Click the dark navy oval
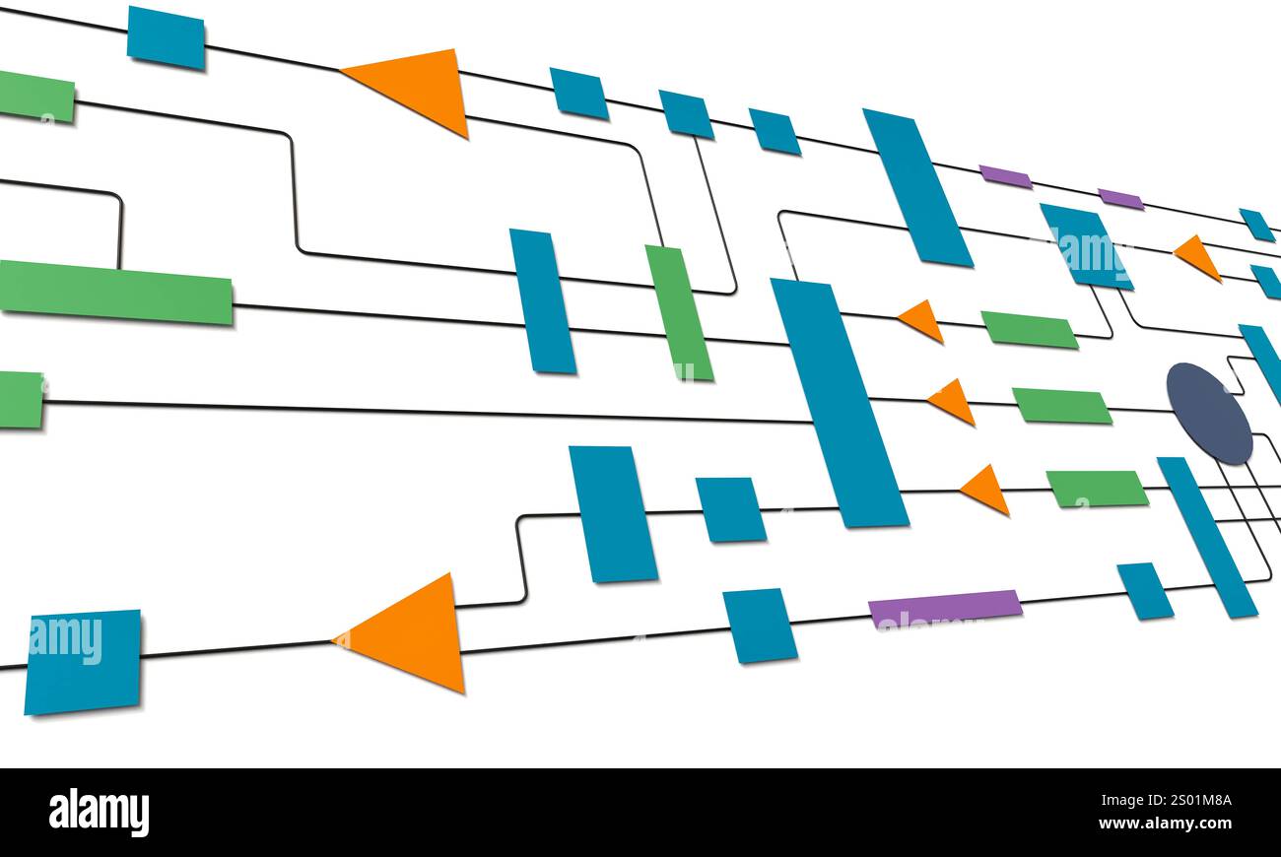[x=1209, y=414]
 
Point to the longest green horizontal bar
[x=116, y=293]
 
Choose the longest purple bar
[x=944, y=607]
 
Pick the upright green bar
[x=679, y=312]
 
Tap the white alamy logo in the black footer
[x=99, y=813]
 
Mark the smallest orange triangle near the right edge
[x=1198, y=256]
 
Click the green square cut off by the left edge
[x=21, y=400]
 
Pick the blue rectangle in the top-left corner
[x=166, y=38]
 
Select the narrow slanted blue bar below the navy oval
[x=1206, y=537]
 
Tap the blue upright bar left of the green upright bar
[x=542, y=301]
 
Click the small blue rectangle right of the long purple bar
[x=1144, y=591]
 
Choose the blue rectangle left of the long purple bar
[x=759, y=626]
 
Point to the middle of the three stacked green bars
[x=1061, y=406]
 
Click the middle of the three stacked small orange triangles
[x=953, y=401]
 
